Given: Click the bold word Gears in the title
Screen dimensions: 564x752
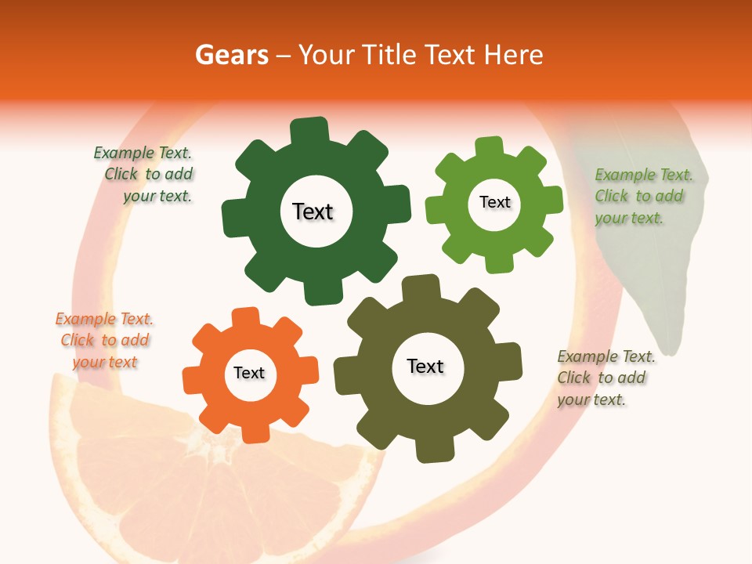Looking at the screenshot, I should pyautogui.click(x=230, y=55).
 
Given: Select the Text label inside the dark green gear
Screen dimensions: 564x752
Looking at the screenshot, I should pyautogui.click(x=313, y=211).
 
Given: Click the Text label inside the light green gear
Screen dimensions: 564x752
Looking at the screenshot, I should pyautogui.click(x=494, y=202).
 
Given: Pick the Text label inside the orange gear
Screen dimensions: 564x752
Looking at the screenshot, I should pyautogui.click(x=249, y=374).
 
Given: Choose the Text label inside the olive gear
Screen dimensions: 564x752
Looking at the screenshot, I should pyautogui.click(x=425, y=367).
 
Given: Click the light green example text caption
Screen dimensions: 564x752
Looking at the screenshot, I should pyautogui.click(x=641, y=197).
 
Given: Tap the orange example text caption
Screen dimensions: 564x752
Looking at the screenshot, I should pyautogui.click(x=104, y=341).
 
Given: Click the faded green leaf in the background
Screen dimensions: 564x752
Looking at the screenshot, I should pyautogui.click(x=650, y=266).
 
